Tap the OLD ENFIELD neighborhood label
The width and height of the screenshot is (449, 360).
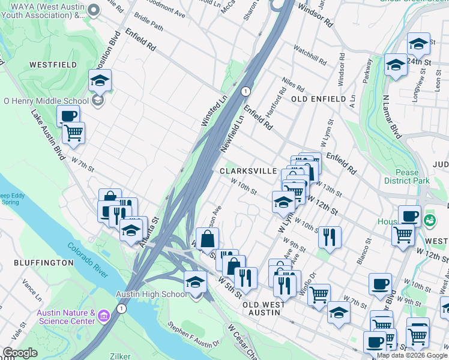(x=318, y=99)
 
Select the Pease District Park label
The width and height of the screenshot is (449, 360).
(x=407, y=176)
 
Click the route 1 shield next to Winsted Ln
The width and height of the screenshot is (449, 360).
(x=245, y=91)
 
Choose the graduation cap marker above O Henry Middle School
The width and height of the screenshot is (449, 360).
(x=100, y=80)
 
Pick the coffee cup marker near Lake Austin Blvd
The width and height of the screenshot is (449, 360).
(x=68, y=116)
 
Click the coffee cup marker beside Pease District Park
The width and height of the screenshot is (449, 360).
(x=409, y=216)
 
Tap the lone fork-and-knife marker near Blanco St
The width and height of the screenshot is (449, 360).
(x=330, y=236)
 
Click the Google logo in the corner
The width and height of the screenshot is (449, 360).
(x=20, y=353)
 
